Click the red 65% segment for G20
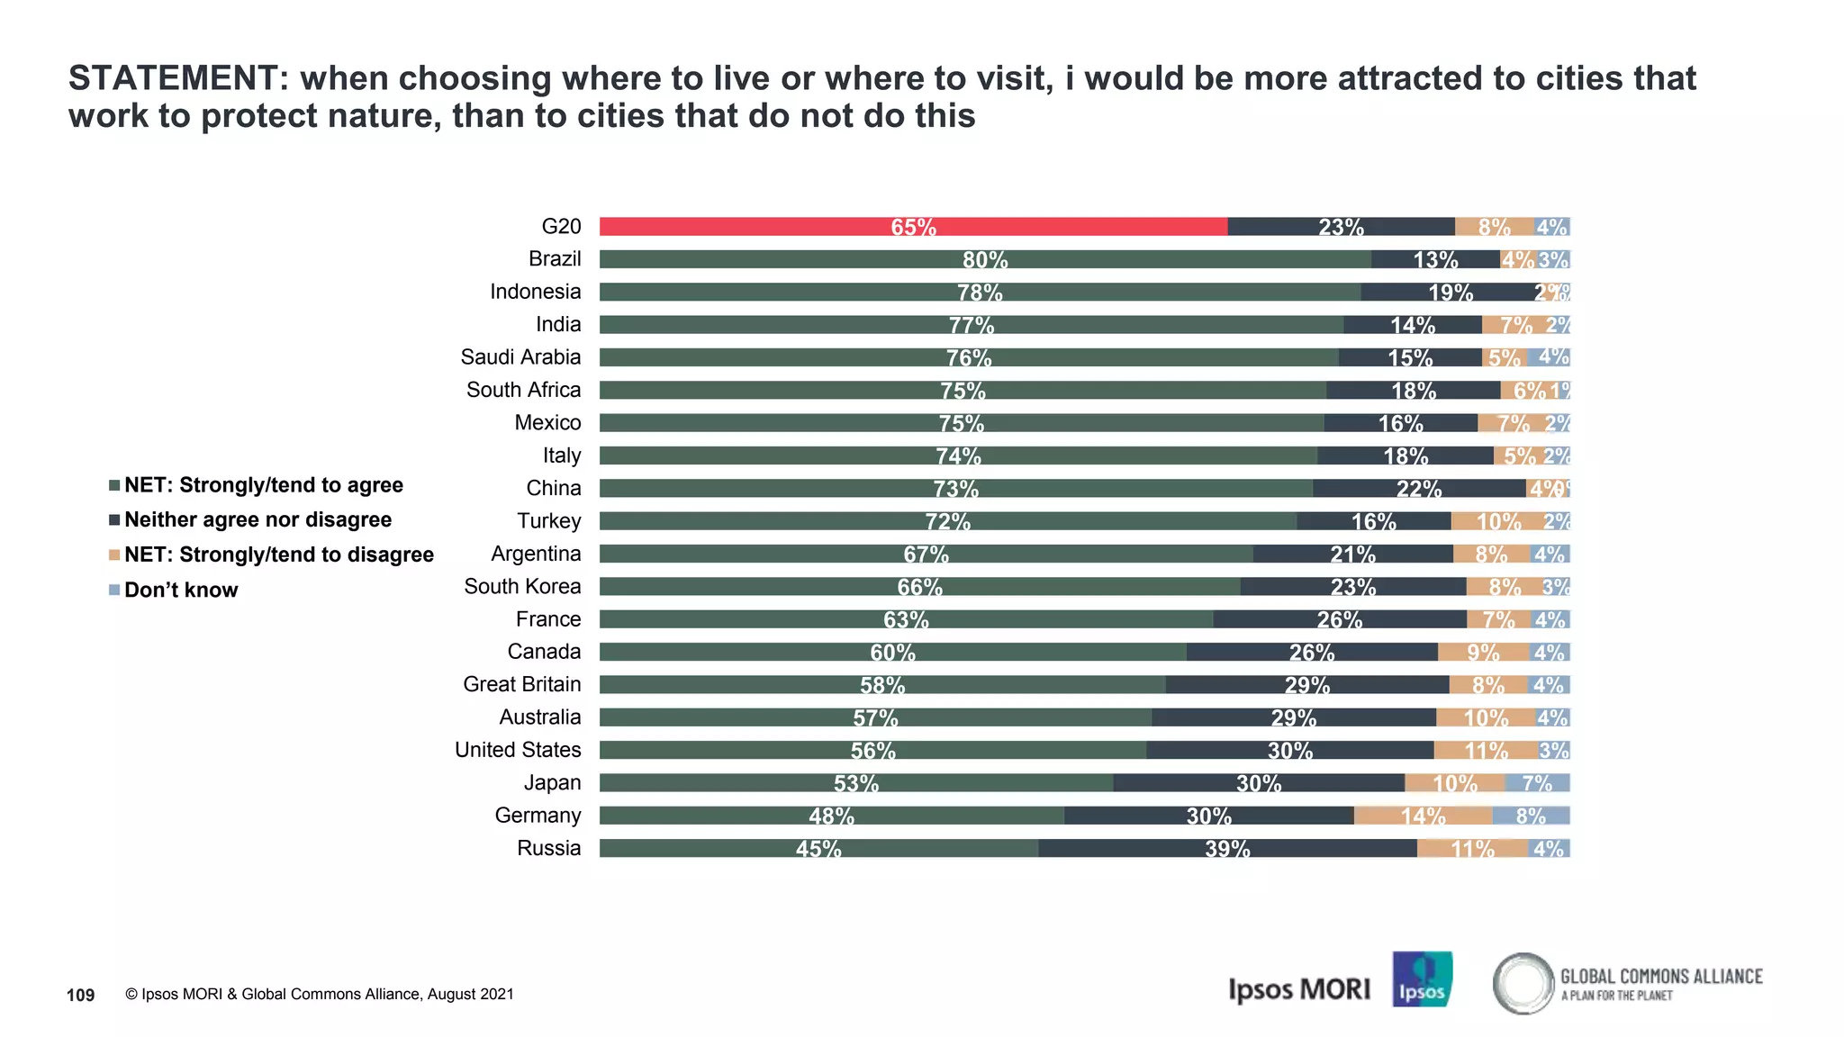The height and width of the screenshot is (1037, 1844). pos(913,227)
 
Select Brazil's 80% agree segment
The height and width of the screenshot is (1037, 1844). pos(985,259)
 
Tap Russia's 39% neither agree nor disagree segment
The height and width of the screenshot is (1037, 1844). pos(1227,848)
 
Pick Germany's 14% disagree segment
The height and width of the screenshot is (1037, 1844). pos(1423,816)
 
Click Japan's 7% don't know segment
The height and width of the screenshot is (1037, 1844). pos(1537,783)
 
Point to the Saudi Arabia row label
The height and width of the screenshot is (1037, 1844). pos(520,357)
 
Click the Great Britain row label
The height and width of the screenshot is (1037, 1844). pos(521,684)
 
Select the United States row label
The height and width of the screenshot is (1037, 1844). pos(518,750)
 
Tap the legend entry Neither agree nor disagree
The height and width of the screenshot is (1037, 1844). pos(258,519)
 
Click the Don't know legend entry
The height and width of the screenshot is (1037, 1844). pos(181,590)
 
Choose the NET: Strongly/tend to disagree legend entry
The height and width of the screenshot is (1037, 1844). pos(278,555)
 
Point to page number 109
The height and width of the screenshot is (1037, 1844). pos(80,995)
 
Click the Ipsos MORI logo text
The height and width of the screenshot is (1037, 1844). pos(1298,989)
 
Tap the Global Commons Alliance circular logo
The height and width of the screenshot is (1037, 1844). pos(1523,983)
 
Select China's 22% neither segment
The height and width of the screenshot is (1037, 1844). pos(1419,488)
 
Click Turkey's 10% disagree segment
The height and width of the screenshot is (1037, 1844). pos(1497,521)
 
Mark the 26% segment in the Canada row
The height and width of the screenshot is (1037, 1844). pos(1312,652)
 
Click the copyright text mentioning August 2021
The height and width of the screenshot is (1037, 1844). pos(320,994)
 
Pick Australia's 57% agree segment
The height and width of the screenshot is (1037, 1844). pos(875,717)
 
